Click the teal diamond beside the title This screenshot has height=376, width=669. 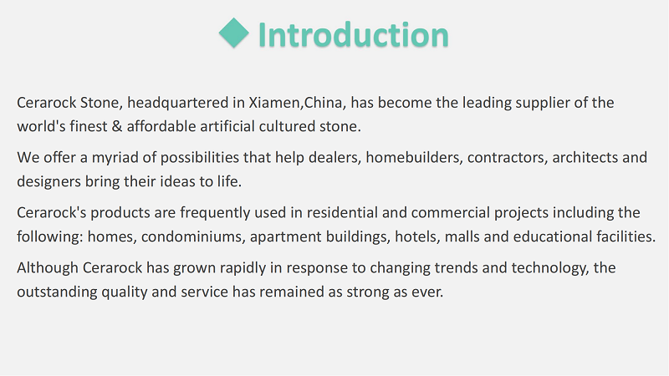point(234,33)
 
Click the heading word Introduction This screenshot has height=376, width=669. point(353,34)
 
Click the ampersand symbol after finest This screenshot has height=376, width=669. point(117,126)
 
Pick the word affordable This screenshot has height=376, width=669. point(161,126)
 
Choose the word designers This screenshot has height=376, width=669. point(49,182)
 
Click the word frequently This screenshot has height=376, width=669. point(215,213)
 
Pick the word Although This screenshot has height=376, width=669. point(48,268)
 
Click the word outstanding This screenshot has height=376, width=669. point(57,292)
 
